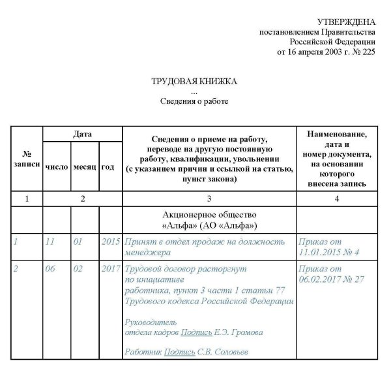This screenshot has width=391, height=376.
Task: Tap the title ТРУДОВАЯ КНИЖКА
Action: [195, 81]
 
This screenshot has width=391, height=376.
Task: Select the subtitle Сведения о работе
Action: [195, 101]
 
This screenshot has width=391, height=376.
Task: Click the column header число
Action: [56, 166]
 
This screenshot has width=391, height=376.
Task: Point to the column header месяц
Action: [85, 166]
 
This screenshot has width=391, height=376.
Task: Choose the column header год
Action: [108, 166]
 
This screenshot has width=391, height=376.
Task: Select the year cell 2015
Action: [110, 242]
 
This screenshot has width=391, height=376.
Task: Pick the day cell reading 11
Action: [50, 242]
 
